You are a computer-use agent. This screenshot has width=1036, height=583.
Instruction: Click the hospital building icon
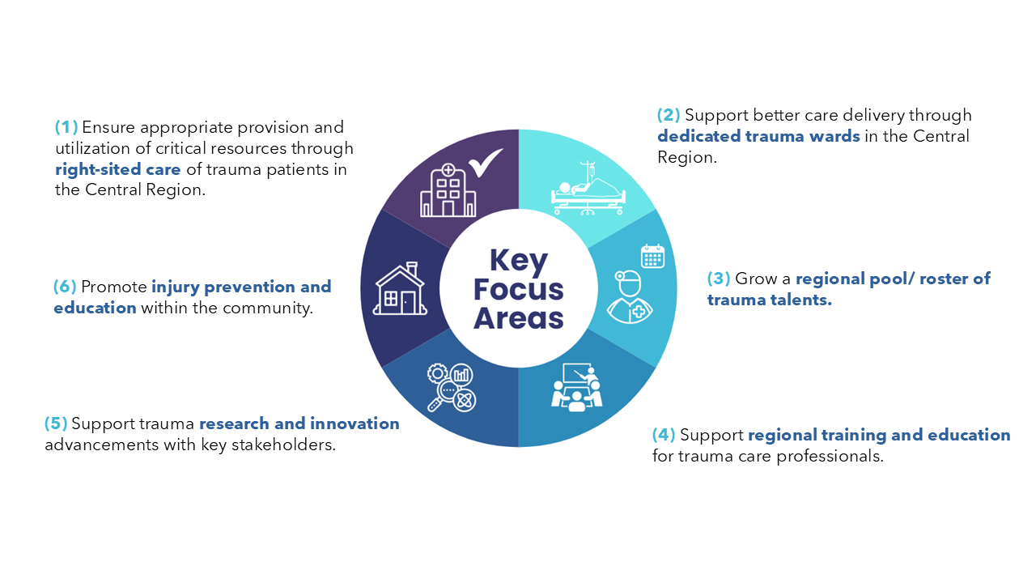448,190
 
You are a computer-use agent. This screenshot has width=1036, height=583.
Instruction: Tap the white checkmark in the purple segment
486,163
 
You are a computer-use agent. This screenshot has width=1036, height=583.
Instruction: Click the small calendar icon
652,256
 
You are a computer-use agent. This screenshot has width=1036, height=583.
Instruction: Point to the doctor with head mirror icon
630,297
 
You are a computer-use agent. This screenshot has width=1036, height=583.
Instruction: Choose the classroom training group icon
577,387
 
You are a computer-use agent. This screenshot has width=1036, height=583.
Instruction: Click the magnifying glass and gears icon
452,387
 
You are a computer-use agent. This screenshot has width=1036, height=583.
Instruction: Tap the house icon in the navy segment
400,289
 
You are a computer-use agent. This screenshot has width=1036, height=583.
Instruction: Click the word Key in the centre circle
519,262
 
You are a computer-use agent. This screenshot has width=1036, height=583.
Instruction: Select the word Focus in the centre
519,290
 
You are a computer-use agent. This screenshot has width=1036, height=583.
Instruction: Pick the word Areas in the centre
519,318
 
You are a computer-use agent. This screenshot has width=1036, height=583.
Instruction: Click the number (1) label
66,127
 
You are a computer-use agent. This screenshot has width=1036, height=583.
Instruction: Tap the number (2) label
669,115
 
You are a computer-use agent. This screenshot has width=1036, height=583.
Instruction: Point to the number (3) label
719,279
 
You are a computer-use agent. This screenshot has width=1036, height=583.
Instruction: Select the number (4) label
664,435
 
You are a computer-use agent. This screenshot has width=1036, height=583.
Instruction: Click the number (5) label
56,423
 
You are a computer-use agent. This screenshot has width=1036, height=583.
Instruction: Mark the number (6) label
65,287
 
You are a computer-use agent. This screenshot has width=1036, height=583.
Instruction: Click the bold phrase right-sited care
118,169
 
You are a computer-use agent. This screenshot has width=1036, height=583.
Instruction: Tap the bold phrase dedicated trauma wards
758,136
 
